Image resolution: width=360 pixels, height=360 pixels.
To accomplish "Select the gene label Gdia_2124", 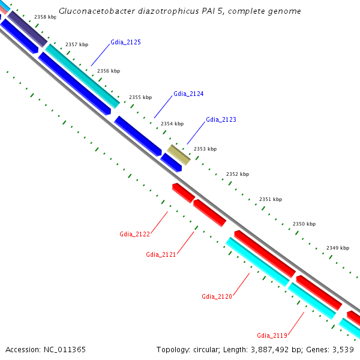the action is coord(188,94).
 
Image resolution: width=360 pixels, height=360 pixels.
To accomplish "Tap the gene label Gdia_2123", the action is coord(221,119).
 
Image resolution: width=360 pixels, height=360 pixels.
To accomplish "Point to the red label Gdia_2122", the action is coord(134,234).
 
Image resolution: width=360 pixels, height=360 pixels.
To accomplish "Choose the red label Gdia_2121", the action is coord(161,254).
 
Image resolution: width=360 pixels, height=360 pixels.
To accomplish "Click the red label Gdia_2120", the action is coord(217,296).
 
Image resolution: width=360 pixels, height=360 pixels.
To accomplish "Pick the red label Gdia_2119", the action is coord(272,335).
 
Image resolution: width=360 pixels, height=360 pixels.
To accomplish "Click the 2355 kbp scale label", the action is coord(140,97).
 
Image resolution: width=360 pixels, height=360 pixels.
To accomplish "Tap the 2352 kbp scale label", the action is coord(238,174).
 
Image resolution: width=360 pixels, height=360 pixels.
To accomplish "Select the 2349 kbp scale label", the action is coord(338,248).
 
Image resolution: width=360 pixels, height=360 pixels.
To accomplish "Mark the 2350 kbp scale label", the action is coord(304,224).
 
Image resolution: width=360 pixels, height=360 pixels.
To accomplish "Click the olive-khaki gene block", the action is coord(178,154).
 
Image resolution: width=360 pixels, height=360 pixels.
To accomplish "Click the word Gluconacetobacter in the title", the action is coord(94,11).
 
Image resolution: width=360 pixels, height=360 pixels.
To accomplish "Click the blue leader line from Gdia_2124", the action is coord(163,108).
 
